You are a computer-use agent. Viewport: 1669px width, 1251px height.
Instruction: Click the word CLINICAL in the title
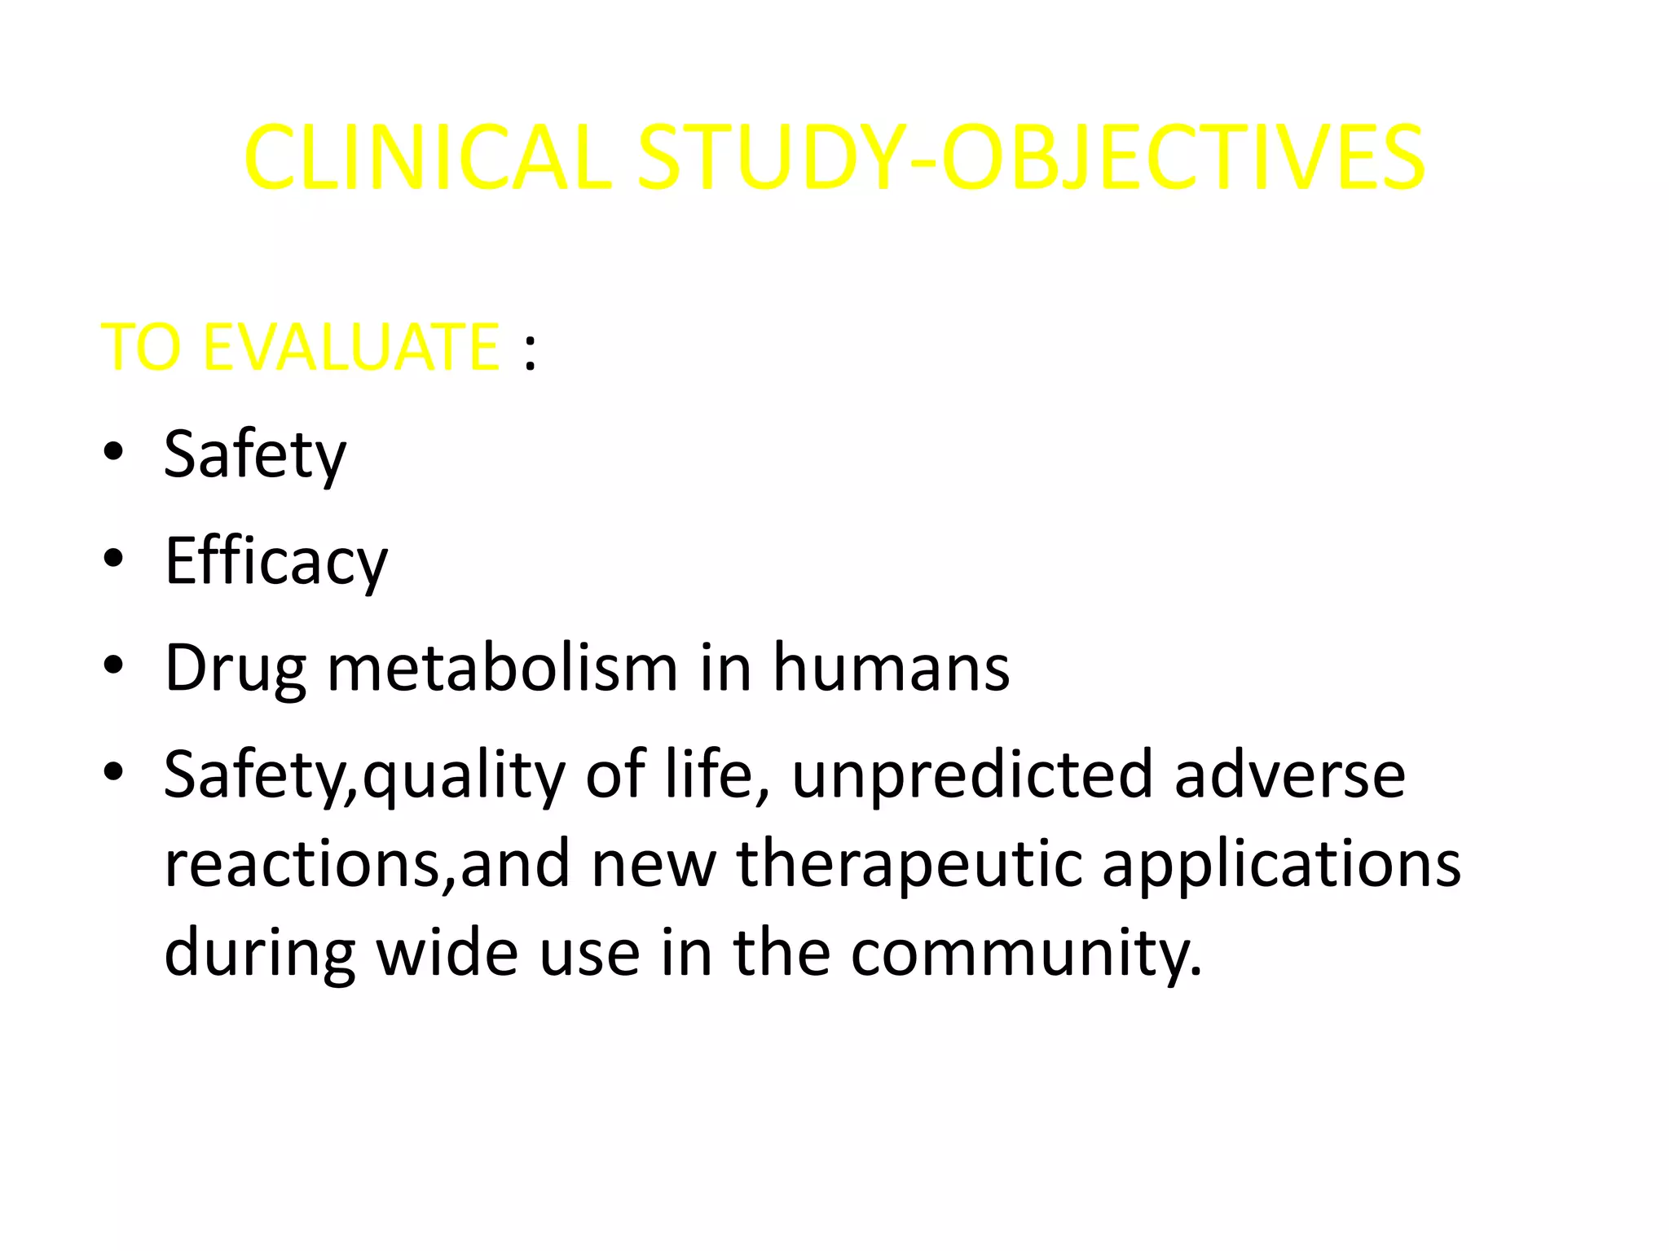click(427, 158)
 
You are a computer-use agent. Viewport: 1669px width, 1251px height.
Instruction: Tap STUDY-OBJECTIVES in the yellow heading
click(1030, 158)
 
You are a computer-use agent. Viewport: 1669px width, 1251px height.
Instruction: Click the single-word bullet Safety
click(255, 454)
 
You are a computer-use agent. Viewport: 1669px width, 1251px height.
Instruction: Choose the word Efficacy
click(276, 561)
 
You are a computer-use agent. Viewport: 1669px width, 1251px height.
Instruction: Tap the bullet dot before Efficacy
click(113, 558)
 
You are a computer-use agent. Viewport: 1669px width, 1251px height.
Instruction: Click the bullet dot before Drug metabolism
click(113, 665)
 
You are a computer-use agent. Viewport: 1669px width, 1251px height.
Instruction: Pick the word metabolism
click(502, 668)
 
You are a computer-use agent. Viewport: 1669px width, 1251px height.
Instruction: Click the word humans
click(891, 668)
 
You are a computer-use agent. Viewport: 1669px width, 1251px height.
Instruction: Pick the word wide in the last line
click(447, 952)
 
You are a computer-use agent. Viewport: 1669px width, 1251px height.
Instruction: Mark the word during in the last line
click(259, 954)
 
